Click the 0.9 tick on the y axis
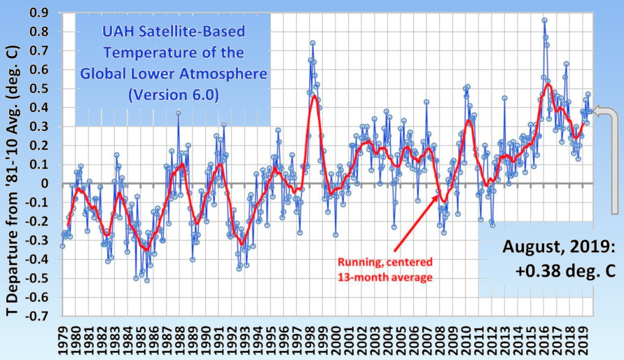click(41, 13)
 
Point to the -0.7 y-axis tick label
click(39, 315)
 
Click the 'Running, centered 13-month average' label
click(385, 269)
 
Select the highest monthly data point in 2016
click(544, 20)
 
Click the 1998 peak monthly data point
click(312, 43)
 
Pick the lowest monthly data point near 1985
click(146, 280)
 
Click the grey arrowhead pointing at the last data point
click(595, 111)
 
